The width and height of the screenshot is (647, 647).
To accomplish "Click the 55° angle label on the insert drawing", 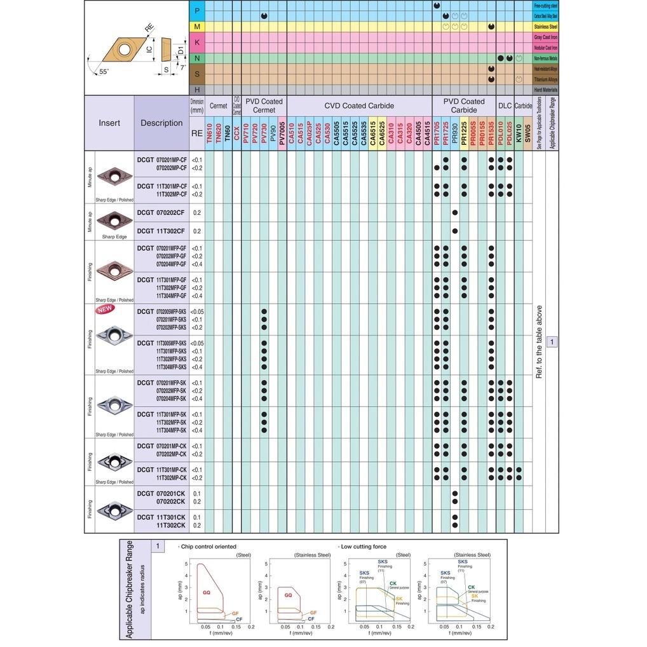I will tap(104, 71).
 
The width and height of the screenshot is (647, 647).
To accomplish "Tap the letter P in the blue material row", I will tap(197, 10).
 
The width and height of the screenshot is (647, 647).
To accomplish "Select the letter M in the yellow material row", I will tap(197, 27).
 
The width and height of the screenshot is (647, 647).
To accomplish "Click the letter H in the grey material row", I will tap(197, 90).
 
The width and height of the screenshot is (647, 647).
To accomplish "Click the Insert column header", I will tap(109, 123).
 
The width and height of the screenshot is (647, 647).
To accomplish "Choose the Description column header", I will tap(161, 123).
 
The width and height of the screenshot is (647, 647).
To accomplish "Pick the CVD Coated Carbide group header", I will tap(359, 106).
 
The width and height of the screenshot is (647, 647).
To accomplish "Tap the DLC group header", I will tap(505, 106).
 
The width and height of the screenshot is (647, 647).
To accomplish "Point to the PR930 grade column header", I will tap(454, 133).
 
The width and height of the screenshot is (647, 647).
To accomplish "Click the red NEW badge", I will tap(105, 310).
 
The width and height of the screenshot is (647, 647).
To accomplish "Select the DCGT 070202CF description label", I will tap(161, 213).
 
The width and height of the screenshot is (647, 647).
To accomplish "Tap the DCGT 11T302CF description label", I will tap(161, 231).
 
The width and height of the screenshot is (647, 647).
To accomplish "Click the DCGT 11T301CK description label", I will tap(161, 517).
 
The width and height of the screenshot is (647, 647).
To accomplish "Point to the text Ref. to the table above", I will tap(539, 341).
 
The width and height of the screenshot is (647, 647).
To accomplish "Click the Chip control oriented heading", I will tap(208, 547).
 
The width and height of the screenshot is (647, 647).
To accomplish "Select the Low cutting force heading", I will tap(364, 547).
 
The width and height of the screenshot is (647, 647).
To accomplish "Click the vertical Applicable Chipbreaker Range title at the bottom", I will tap(130, 589).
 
